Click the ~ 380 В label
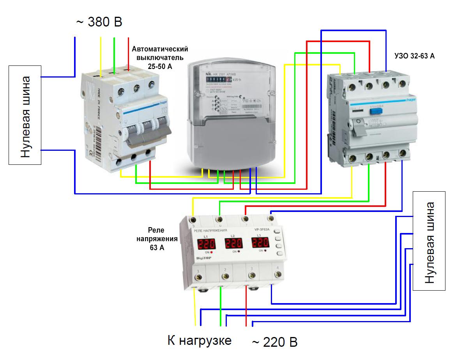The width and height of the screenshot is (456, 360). pos(99,22)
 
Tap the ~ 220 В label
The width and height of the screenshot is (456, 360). pos(275,342)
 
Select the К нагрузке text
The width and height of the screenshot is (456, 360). pos(199,340)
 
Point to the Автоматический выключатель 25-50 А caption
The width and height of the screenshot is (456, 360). pos(160,58)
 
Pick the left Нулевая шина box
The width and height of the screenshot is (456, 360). pos(25,115)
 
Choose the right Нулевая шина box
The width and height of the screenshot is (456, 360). pos(429,240)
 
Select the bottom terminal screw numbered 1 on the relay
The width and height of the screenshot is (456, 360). pos(199,277)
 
